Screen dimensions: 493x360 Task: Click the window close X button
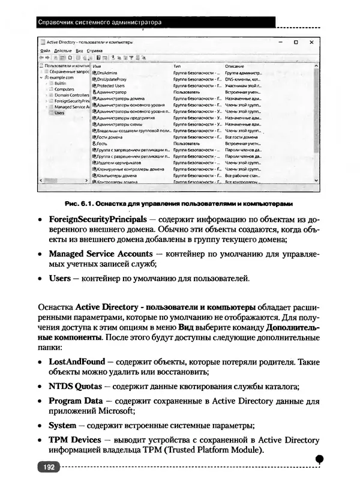[311, 43]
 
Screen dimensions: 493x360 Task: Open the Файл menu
[45, 51]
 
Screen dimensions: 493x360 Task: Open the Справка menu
[94, 51]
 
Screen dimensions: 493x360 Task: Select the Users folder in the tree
[59, 112]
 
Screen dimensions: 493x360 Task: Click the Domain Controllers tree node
[71, 95]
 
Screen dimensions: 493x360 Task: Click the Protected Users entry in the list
[110, 86]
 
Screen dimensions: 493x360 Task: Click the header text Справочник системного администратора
[100, 23]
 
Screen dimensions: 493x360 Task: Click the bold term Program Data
[77, 400]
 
